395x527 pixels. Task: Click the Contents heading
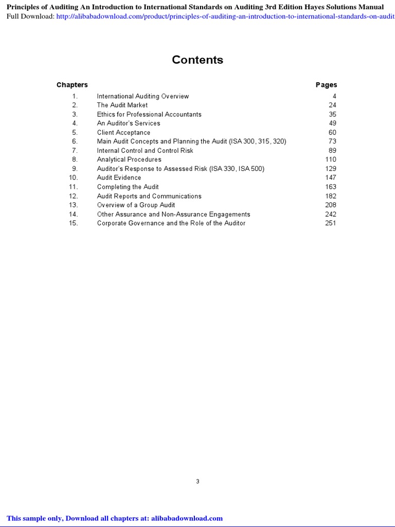point(197,60)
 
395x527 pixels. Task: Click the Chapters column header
point(72,85)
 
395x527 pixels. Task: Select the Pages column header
point(326,85)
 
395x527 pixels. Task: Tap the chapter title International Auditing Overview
point(142,96)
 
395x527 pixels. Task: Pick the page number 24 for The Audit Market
point(332,105)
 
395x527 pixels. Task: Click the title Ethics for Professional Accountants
point(149,114)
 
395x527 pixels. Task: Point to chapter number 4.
point(75,124)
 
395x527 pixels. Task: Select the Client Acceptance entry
point(123,133)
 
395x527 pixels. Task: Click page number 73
point(332,142)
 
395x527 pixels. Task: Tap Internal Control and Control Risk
point(145,151)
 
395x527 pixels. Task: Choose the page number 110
point(331,160)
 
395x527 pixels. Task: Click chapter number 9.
point(75,169)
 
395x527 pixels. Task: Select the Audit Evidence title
point(119,178)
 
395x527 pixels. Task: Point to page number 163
point(331,187)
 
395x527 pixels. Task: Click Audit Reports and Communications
point(149,196)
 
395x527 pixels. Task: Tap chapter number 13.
point(74,205)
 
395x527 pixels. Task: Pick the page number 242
point(331,214)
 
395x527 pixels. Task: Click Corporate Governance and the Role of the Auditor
point(171,223)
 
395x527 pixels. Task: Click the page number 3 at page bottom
point(197,482)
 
